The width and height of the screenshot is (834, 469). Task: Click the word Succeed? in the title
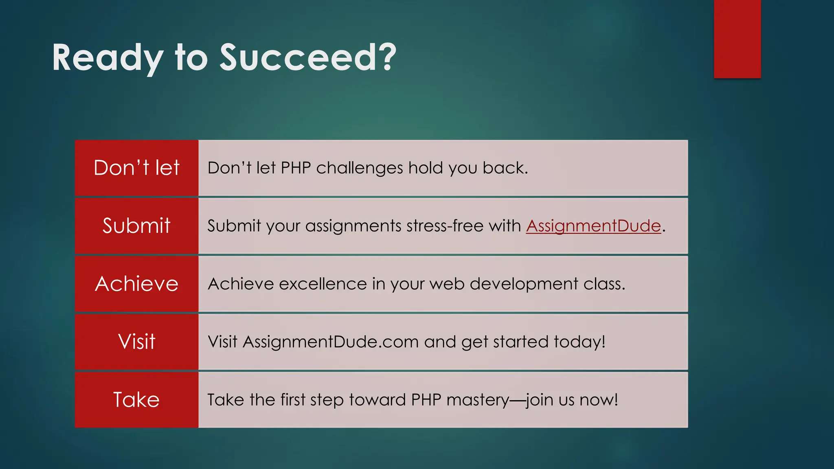(x=308, y=58)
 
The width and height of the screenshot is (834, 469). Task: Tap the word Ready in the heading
(x=108, y=58)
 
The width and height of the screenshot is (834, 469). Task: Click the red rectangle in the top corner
(x=737, y=39)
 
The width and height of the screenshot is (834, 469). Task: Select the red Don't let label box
(x=136, y=168)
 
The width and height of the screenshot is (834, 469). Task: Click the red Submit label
(x=136, y=226)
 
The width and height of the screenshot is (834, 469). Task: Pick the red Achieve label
(x=136, y=284)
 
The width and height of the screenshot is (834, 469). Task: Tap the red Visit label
(x=136, y=342)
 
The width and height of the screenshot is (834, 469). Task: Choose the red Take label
(x=136, y=400)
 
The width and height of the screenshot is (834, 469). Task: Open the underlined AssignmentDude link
(x=593, y=226)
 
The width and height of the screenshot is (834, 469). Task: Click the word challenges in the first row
(x=360, y=168)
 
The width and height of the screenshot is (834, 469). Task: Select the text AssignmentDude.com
(x=331, y=342)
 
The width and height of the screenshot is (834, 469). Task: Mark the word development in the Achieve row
(x=524, y=284)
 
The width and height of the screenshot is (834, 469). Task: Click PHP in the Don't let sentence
(x=296, y=168)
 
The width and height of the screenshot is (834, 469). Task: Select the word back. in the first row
(x=505, y=168)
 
